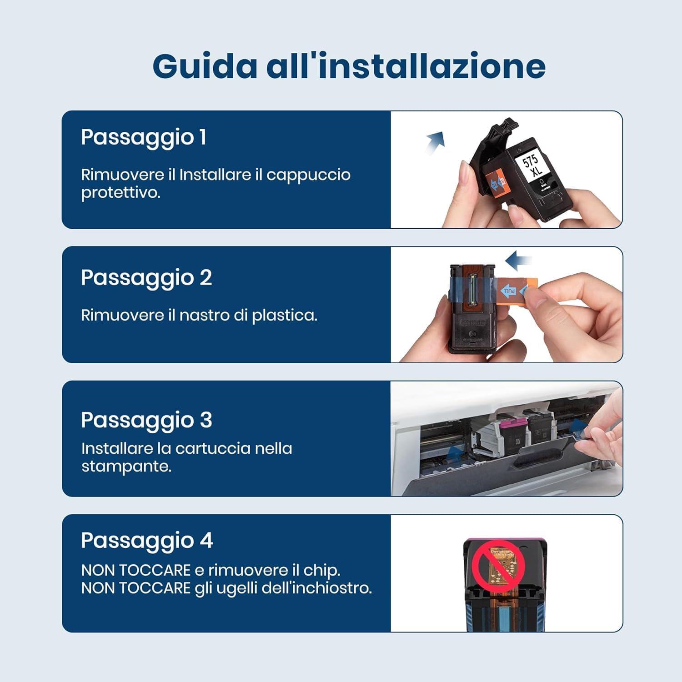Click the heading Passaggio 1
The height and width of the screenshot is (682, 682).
point(144,137)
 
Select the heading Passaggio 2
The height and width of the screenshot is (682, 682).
point(146,278)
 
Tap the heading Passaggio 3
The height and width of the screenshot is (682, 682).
point(146,420)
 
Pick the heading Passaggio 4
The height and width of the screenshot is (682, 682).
point(147,541)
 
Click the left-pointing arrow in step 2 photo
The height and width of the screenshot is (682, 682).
point(518,261)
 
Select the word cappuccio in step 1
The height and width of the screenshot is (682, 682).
point(308,175)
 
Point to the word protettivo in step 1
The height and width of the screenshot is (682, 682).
point(120,193)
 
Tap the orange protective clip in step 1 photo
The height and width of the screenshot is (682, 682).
point(496,184)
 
